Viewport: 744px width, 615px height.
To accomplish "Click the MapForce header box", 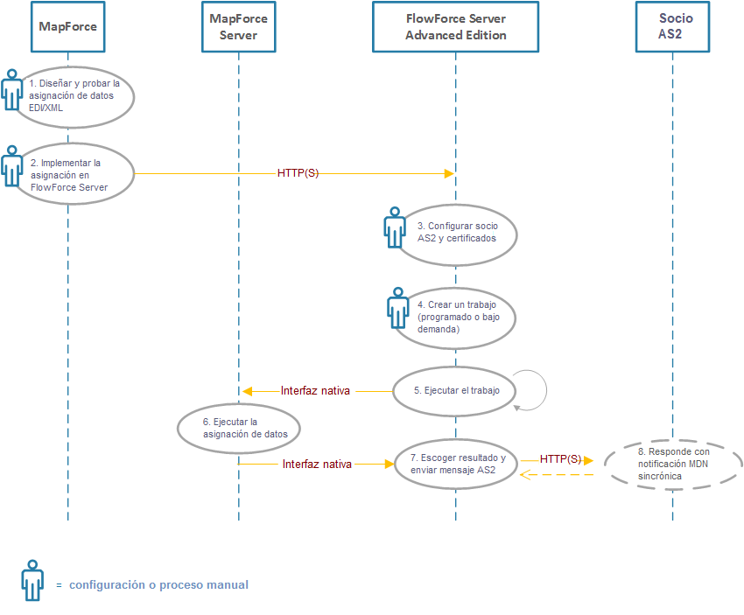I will point(67,26).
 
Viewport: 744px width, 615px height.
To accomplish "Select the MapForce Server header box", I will point(238,26).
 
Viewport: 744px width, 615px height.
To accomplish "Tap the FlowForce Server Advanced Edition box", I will point(455,26).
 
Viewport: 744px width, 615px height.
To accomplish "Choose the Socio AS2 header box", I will point(672,26).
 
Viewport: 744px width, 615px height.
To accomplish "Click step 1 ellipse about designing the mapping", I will point(74,95).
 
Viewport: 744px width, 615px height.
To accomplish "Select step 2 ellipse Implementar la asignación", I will point(74,174).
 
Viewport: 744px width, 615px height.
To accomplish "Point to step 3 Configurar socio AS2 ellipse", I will point(456,232).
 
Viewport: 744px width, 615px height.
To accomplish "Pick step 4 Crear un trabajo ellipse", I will point(456,318).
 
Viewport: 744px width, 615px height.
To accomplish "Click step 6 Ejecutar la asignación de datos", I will point(239,428).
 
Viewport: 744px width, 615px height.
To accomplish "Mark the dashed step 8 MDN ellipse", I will point(673,463).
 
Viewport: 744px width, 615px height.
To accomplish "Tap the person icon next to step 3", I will point(395,227).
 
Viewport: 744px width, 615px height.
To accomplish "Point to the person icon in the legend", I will point(32,580).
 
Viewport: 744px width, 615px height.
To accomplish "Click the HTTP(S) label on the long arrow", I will point(298,173).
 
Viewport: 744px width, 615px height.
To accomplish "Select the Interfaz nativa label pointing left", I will point(315,391).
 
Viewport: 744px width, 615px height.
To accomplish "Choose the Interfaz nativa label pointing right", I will point(317,465).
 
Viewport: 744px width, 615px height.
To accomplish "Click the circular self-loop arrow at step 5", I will point(532,389).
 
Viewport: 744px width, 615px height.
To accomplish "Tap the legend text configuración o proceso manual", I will point(158,585).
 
